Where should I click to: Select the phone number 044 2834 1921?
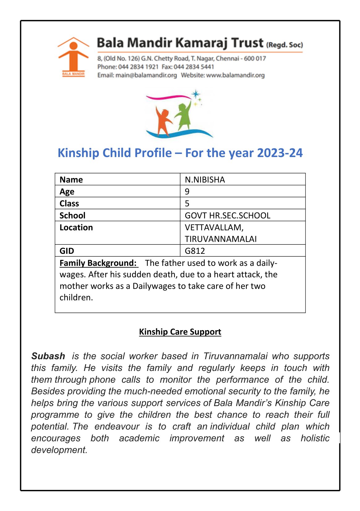click(x=138, y=67)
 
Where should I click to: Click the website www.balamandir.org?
click(x=235, y=75)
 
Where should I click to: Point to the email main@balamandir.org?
click(x=146, y=75)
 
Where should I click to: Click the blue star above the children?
click(x=195, y=94)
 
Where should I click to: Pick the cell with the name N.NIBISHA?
click(x=205, y=180)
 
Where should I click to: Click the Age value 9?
click(x=187, y=191)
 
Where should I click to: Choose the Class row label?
click(x=69, y=203)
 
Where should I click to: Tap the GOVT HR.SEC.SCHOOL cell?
click(x=228, y=215)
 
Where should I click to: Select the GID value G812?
click(x=195, y=251)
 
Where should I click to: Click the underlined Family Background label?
click(x=98, y=263)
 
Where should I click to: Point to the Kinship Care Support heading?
click(x=180, y=332)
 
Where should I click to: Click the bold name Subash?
click(x=48, y=356)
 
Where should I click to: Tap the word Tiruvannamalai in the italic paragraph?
click(x=235, y=356)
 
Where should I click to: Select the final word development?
click(x=59, y=450)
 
